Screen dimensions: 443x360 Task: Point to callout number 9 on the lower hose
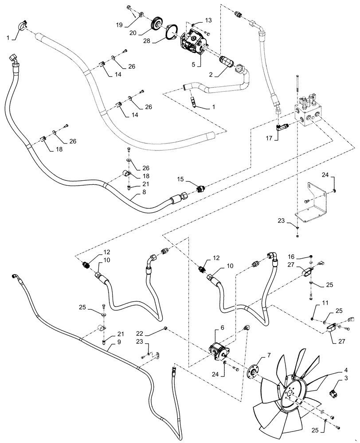(x=108, y=348)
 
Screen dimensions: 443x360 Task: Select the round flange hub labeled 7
(x=253, y=371)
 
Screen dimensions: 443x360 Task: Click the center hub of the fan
(x=290, y=395)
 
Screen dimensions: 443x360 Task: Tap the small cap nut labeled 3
(x=333, y=392)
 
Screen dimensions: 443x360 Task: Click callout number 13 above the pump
(x=208, y=20)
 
